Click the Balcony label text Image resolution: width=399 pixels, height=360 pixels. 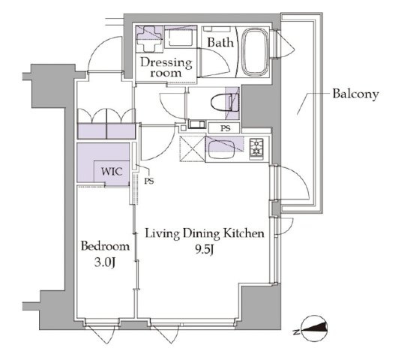point(355,94)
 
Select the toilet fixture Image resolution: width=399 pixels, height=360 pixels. point(225,103)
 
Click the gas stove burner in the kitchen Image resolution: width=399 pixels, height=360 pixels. point(256,148)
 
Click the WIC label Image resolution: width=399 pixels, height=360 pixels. point(112,172)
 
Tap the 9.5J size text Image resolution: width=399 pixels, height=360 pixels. point(203,250)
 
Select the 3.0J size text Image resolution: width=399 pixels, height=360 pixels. point(105,262)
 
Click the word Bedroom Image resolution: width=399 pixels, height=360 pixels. point(105,246)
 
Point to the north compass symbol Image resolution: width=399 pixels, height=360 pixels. point(313,328)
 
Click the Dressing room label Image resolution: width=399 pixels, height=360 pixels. point(166,67)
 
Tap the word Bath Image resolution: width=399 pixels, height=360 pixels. point(220,43)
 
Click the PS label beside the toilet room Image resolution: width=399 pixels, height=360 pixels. point(225,128)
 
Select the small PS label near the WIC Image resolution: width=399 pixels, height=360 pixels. point(149,181)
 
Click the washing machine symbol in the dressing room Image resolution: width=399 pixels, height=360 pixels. point(180,37)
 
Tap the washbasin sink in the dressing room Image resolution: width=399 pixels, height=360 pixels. point(148,39)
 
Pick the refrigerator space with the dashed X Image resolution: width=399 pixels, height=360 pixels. point(192,149)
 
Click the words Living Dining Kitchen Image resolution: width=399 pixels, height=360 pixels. point(204,234)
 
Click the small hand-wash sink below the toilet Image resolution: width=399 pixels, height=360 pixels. point(196,124)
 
